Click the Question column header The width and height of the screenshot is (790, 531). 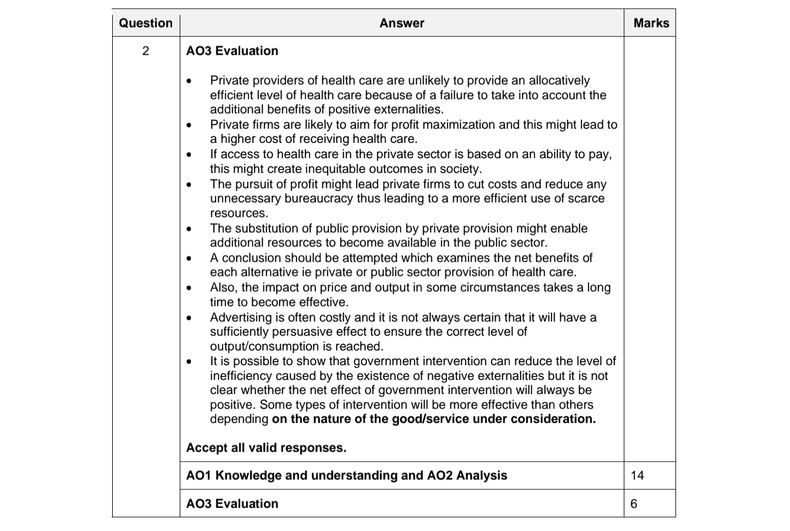(146, 23)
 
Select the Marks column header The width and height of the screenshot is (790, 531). (651, 23)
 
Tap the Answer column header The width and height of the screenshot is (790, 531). (402, 23)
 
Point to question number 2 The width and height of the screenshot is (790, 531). (146, 51)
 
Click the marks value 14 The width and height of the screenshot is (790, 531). (637, 475)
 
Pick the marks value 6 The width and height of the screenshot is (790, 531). (634, 503)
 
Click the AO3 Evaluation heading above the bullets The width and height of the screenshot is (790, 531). (232, 51)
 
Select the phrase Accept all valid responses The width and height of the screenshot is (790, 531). (266, 447)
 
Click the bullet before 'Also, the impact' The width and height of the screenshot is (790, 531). (189, 289)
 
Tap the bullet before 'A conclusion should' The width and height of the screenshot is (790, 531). (189, 259)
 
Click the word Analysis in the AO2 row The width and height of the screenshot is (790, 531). (482, 475)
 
